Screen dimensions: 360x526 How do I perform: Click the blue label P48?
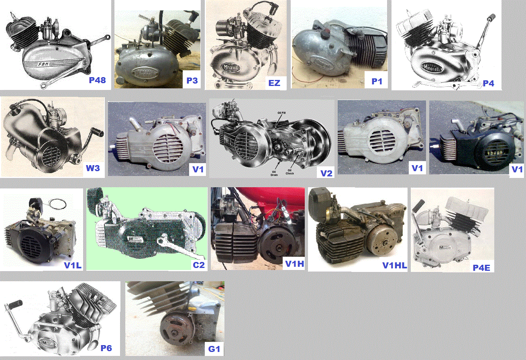click(97, 80)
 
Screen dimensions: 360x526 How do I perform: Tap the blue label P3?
click(192, 80)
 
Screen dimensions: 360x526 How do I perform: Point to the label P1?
click(377, 82)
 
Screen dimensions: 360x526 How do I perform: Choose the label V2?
click(327, 173)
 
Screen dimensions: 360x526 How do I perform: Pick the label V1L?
click(72, 265)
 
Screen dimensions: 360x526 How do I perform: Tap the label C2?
click(198, 265)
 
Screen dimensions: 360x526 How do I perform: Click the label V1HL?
click(394, 265)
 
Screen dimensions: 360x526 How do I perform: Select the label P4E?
click(482, 267)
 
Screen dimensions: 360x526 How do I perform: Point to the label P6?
click(106, 348)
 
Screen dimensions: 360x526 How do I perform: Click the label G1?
click(214, 349)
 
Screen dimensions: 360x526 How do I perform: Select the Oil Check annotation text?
click(290, 172)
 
